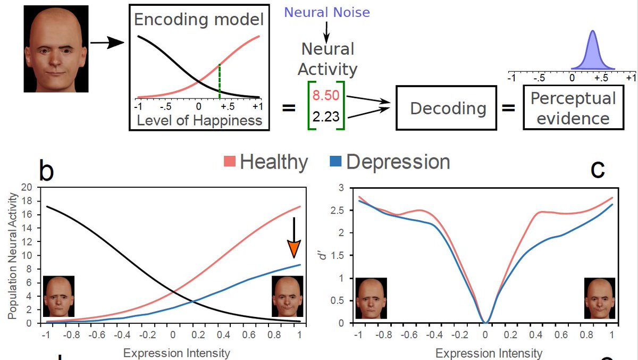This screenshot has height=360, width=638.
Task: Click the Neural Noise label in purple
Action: pos(327,12)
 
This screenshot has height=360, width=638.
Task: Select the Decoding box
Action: pos(448,109)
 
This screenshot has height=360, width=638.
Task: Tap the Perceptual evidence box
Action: pos(573,108)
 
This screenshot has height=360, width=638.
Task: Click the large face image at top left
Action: pos(56,49)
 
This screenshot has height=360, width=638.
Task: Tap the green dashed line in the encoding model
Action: pos(220,81)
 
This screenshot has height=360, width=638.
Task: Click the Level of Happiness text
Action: pos(199,120)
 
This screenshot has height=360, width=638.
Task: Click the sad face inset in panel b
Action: pos(59,296)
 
